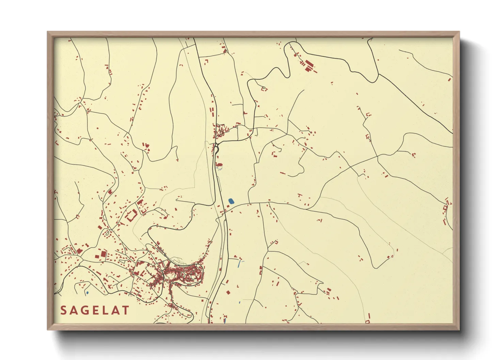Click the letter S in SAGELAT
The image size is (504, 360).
64,310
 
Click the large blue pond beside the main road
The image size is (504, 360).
231,201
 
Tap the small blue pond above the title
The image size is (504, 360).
88,292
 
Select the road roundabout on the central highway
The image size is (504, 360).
216,147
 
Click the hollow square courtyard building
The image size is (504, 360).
132,216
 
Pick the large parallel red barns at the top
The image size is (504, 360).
308,65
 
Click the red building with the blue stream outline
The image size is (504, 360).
219,166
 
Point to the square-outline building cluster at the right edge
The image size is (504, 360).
445,208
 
